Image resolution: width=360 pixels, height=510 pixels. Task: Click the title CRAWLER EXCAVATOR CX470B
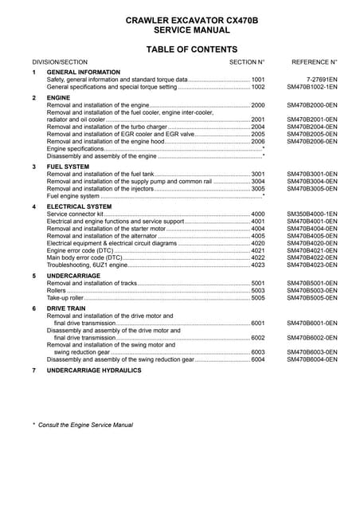[x=179, y=19]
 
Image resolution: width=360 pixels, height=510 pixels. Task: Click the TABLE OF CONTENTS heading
[x=179, y=49]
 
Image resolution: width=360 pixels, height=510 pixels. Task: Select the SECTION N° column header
[x=247, y=61]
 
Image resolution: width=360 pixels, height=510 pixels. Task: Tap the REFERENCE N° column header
[x=315, y=61]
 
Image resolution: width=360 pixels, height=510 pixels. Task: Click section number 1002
[x=258, y=88]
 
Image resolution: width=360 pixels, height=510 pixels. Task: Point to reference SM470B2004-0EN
[x=312, y=127]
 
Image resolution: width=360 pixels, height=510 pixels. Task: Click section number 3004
[x=258, y=182]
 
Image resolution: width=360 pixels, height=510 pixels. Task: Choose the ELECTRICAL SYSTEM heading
[x=80, y=206]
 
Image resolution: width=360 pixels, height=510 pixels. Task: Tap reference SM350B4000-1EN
[x=312, y=214]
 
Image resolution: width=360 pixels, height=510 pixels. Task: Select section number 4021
[x=258, y=250]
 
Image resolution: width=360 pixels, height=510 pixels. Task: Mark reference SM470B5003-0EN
[x=312, y=291]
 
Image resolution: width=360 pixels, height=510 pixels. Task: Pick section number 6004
[x=258, y=359]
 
